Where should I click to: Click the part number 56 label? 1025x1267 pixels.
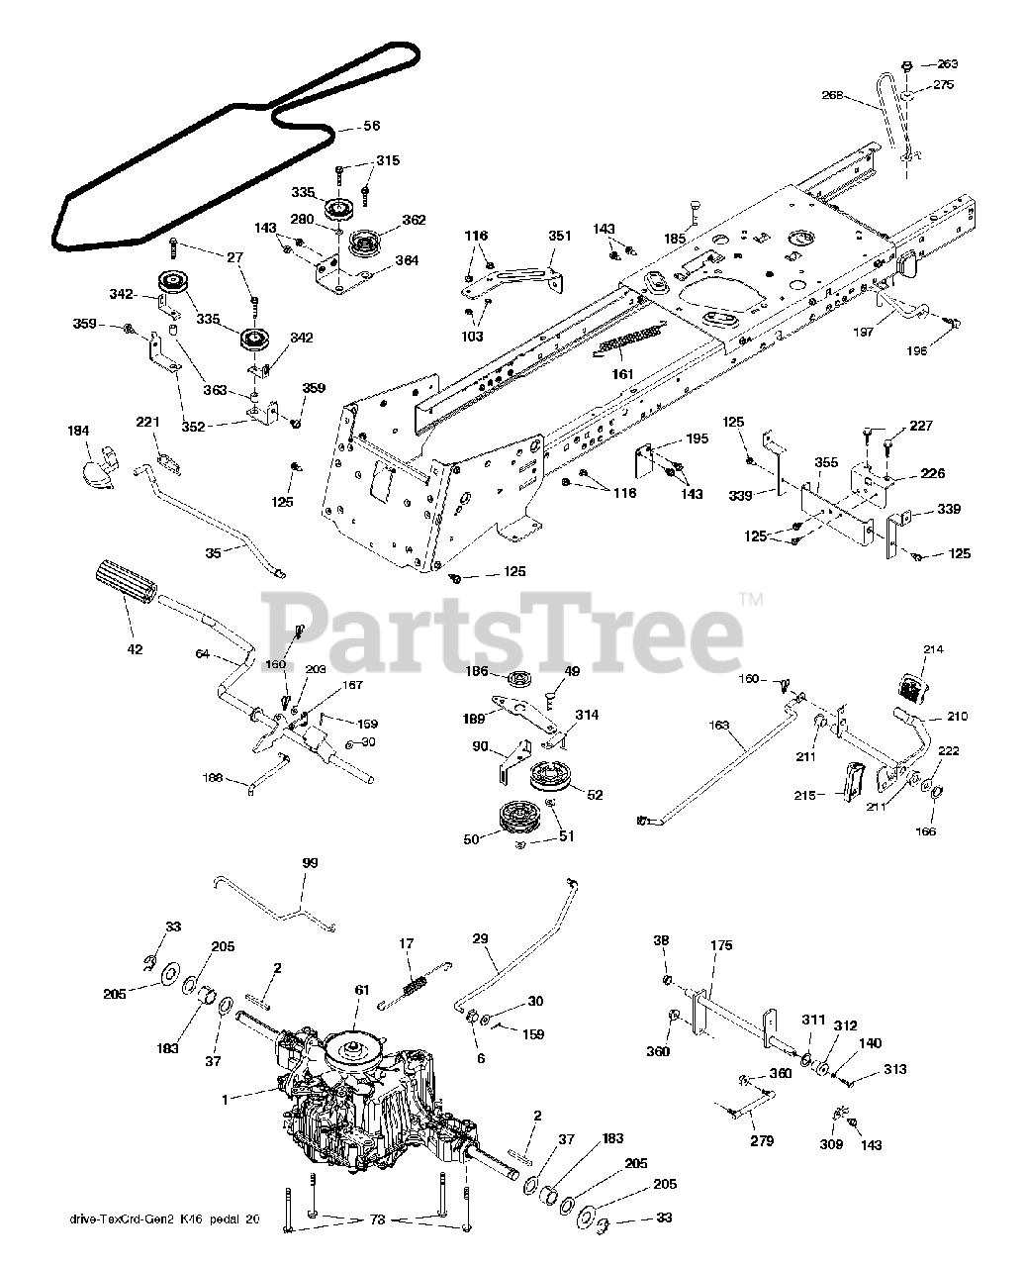[344, 127]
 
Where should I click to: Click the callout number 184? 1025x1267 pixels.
[78, 431]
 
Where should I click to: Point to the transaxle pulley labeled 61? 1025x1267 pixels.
[351, 1044]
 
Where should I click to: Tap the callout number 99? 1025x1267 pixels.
[311, 864]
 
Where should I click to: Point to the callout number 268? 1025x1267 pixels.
[834, 95]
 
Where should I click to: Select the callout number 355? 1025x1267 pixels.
[825, 462]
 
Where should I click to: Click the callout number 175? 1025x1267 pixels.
[721, 946]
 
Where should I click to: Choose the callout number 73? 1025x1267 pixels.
[375, 1219]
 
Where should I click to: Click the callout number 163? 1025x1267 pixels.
[719, 727]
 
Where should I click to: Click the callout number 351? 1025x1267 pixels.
[559, 236]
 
